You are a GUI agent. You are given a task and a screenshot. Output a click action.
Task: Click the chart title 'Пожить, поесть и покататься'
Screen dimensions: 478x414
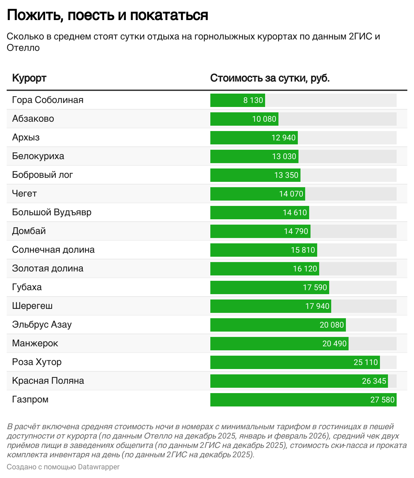pyautogui.click(x=107, y=15)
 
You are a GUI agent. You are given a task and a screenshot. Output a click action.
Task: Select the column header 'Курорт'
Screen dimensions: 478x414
pyautogui.click(x=29, y=78)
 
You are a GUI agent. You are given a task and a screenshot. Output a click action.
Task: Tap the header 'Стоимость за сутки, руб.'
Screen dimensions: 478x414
pyautogui.click(x=270, y=78)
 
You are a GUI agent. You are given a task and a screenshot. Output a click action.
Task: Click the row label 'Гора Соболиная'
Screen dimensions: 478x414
pyautogui.click(x=48, y=100)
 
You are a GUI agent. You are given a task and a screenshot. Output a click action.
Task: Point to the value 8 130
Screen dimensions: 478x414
pyautogui.click(x=253, y=100)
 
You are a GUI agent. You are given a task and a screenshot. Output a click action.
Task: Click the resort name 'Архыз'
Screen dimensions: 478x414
pyautogui.click(x=26, y=137)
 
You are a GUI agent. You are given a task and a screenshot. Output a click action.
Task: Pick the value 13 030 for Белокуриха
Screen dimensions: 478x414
pyautogui.click(x=284, y=156)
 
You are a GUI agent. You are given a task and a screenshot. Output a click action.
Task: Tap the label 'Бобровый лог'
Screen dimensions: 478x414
pyautogui.click(x=42, y=175)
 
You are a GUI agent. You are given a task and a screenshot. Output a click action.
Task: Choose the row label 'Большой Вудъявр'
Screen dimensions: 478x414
pyautogui.click(x=52, y=212)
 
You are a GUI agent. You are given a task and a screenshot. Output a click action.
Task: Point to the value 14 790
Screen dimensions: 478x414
pyautogui.click(x=296, y=231)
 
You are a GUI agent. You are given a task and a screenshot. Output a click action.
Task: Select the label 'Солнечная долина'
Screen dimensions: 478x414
pyautogui.click(x=53, y=250)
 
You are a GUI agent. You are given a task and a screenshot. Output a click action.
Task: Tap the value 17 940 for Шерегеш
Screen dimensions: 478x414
pyautogui.click(x=317, y=306)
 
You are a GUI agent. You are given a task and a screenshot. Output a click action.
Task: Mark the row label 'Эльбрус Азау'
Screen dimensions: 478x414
pyautogui.click(x=42, y=325)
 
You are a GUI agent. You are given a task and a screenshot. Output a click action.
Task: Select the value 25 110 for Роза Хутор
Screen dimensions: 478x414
pyautogui.click(x=366, y=362)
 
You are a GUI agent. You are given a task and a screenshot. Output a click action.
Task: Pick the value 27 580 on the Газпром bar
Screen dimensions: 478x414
pyautogui.click(x=382, y=400)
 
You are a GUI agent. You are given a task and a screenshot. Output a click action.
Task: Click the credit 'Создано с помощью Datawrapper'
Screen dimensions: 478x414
pyautogui.click(x=63, y=467)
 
